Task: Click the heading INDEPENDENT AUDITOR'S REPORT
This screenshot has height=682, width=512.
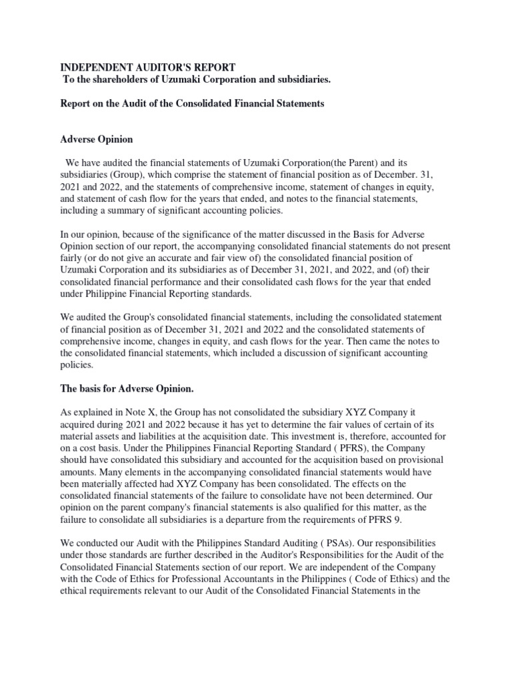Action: pos(147,68)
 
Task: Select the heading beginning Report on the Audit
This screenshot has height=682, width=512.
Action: pos(192,104)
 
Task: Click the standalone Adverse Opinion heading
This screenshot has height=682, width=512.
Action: pos(97,140)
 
